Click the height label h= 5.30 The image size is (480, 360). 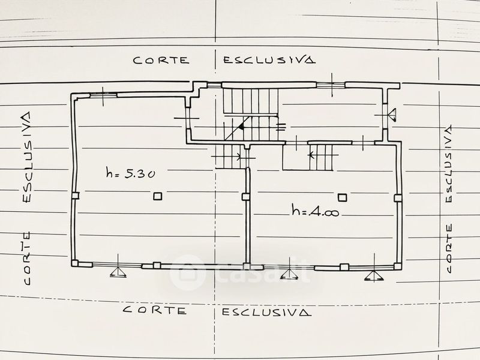tap(130, 173)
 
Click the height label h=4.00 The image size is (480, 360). tap(316, 211)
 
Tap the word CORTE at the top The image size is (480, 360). tap(161, 60)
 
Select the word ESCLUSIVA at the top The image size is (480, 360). tap(269, 59)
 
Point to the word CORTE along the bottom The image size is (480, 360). tap(155, 310)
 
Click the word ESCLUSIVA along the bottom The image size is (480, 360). tap(266, 312)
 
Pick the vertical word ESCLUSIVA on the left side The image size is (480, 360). tap(27, 157)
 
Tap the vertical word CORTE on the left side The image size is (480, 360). tap(27, 259)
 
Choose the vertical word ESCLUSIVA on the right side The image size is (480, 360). tap(448, 164)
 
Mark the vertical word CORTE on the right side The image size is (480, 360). tap(449, 248)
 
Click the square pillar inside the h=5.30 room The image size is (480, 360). tap(157, 196)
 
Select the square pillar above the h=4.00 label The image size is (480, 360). tap(342, 197)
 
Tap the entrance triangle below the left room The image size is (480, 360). tap(118, 272)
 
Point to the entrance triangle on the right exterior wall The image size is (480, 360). tap(392, 115)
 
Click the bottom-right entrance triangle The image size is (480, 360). tap(374, 275)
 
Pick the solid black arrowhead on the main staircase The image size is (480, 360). tap(242, 126)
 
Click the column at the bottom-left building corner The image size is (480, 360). tap(75, 263)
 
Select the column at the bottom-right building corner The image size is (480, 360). tap(397, 266)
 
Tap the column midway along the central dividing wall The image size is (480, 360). tap(246, 197)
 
